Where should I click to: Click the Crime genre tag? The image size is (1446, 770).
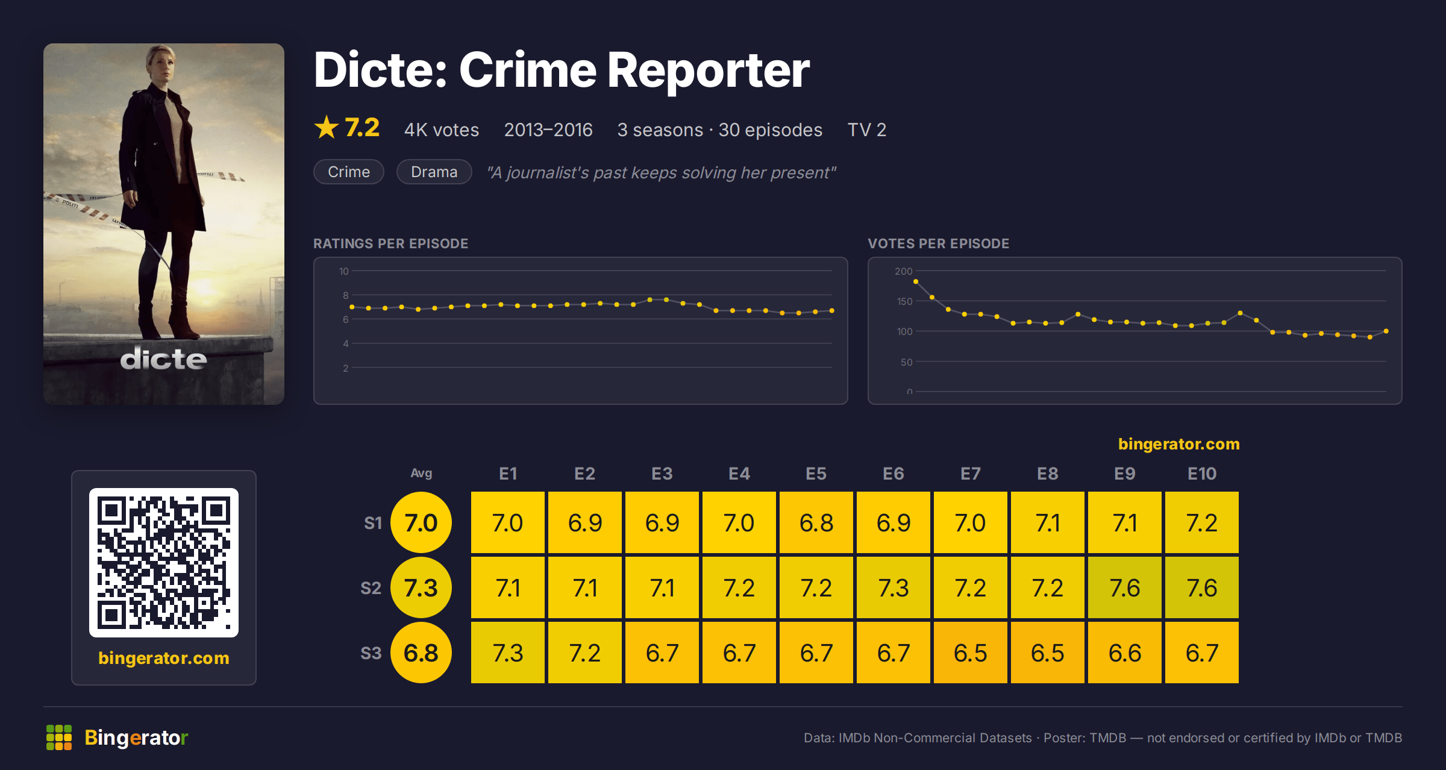(349, 172)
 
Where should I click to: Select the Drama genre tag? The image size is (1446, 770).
(434, 172)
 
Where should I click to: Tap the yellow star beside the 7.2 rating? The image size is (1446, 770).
(327, 128)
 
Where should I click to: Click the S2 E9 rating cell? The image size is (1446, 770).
(1125, 587)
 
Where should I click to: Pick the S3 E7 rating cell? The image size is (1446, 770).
(971, 653)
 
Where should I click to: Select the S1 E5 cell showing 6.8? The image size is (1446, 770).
(816, 522)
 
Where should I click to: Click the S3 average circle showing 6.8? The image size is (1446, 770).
(421, 653)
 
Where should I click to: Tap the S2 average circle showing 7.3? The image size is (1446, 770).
(421, 587)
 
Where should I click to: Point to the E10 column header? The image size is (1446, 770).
(1202, 474)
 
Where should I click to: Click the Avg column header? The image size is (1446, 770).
(421, 473)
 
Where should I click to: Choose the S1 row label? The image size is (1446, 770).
(373, 523)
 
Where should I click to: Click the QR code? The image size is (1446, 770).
(164, 563)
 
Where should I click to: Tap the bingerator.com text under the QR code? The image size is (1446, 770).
(164, 658)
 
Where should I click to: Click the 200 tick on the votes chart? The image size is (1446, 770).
(904, 271)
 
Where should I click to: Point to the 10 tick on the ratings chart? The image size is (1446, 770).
(343, 271)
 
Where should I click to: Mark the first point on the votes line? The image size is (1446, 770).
(916, 281)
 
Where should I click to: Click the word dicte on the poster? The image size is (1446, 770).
(164, 358)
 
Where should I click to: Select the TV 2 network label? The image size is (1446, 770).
(867, 130)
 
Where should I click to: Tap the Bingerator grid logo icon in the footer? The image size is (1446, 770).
(59, 737)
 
